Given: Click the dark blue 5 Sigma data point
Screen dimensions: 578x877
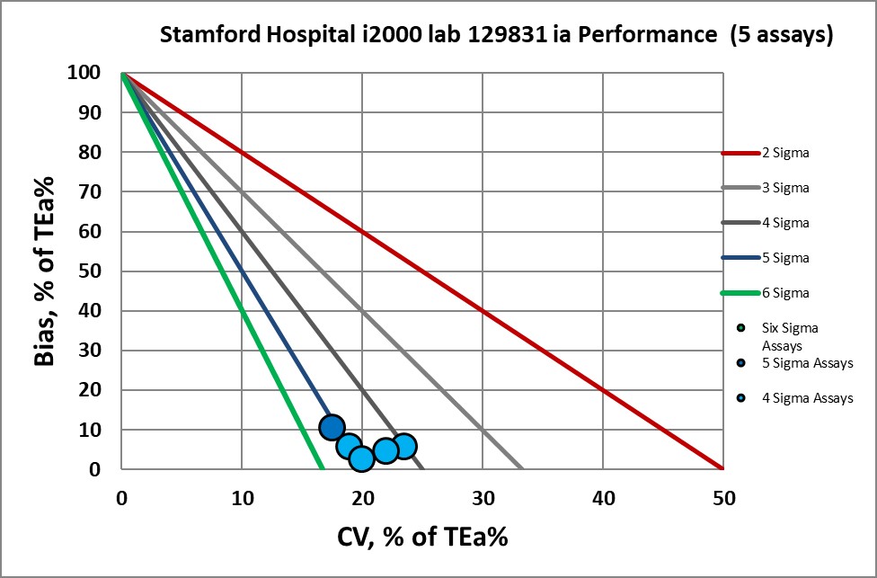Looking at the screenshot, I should click(332, 427).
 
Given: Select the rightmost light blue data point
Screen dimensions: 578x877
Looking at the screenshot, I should click(404, 446).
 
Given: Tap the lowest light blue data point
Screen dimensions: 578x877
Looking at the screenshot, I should click(361, 458).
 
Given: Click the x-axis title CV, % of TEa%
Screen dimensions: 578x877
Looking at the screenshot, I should click(422, 537).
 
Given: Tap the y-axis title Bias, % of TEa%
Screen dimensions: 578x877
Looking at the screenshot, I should click(47, 271).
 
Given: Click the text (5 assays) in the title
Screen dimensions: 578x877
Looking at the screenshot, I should click(782, 36).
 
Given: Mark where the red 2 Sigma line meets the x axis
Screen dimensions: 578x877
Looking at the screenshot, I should click(722, 468).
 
